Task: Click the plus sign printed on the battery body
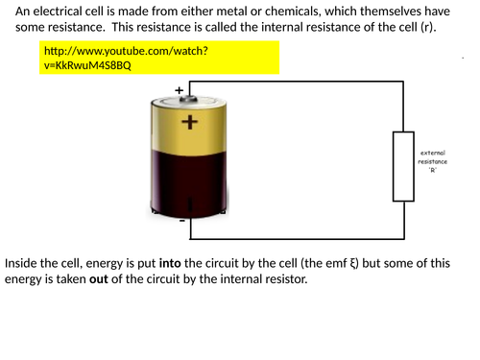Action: pos(189,122)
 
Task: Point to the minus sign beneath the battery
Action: pos(181,220)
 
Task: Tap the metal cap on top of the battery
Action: pos(189,99)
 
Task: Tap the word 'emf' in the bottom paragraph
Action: pos(338,262)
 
